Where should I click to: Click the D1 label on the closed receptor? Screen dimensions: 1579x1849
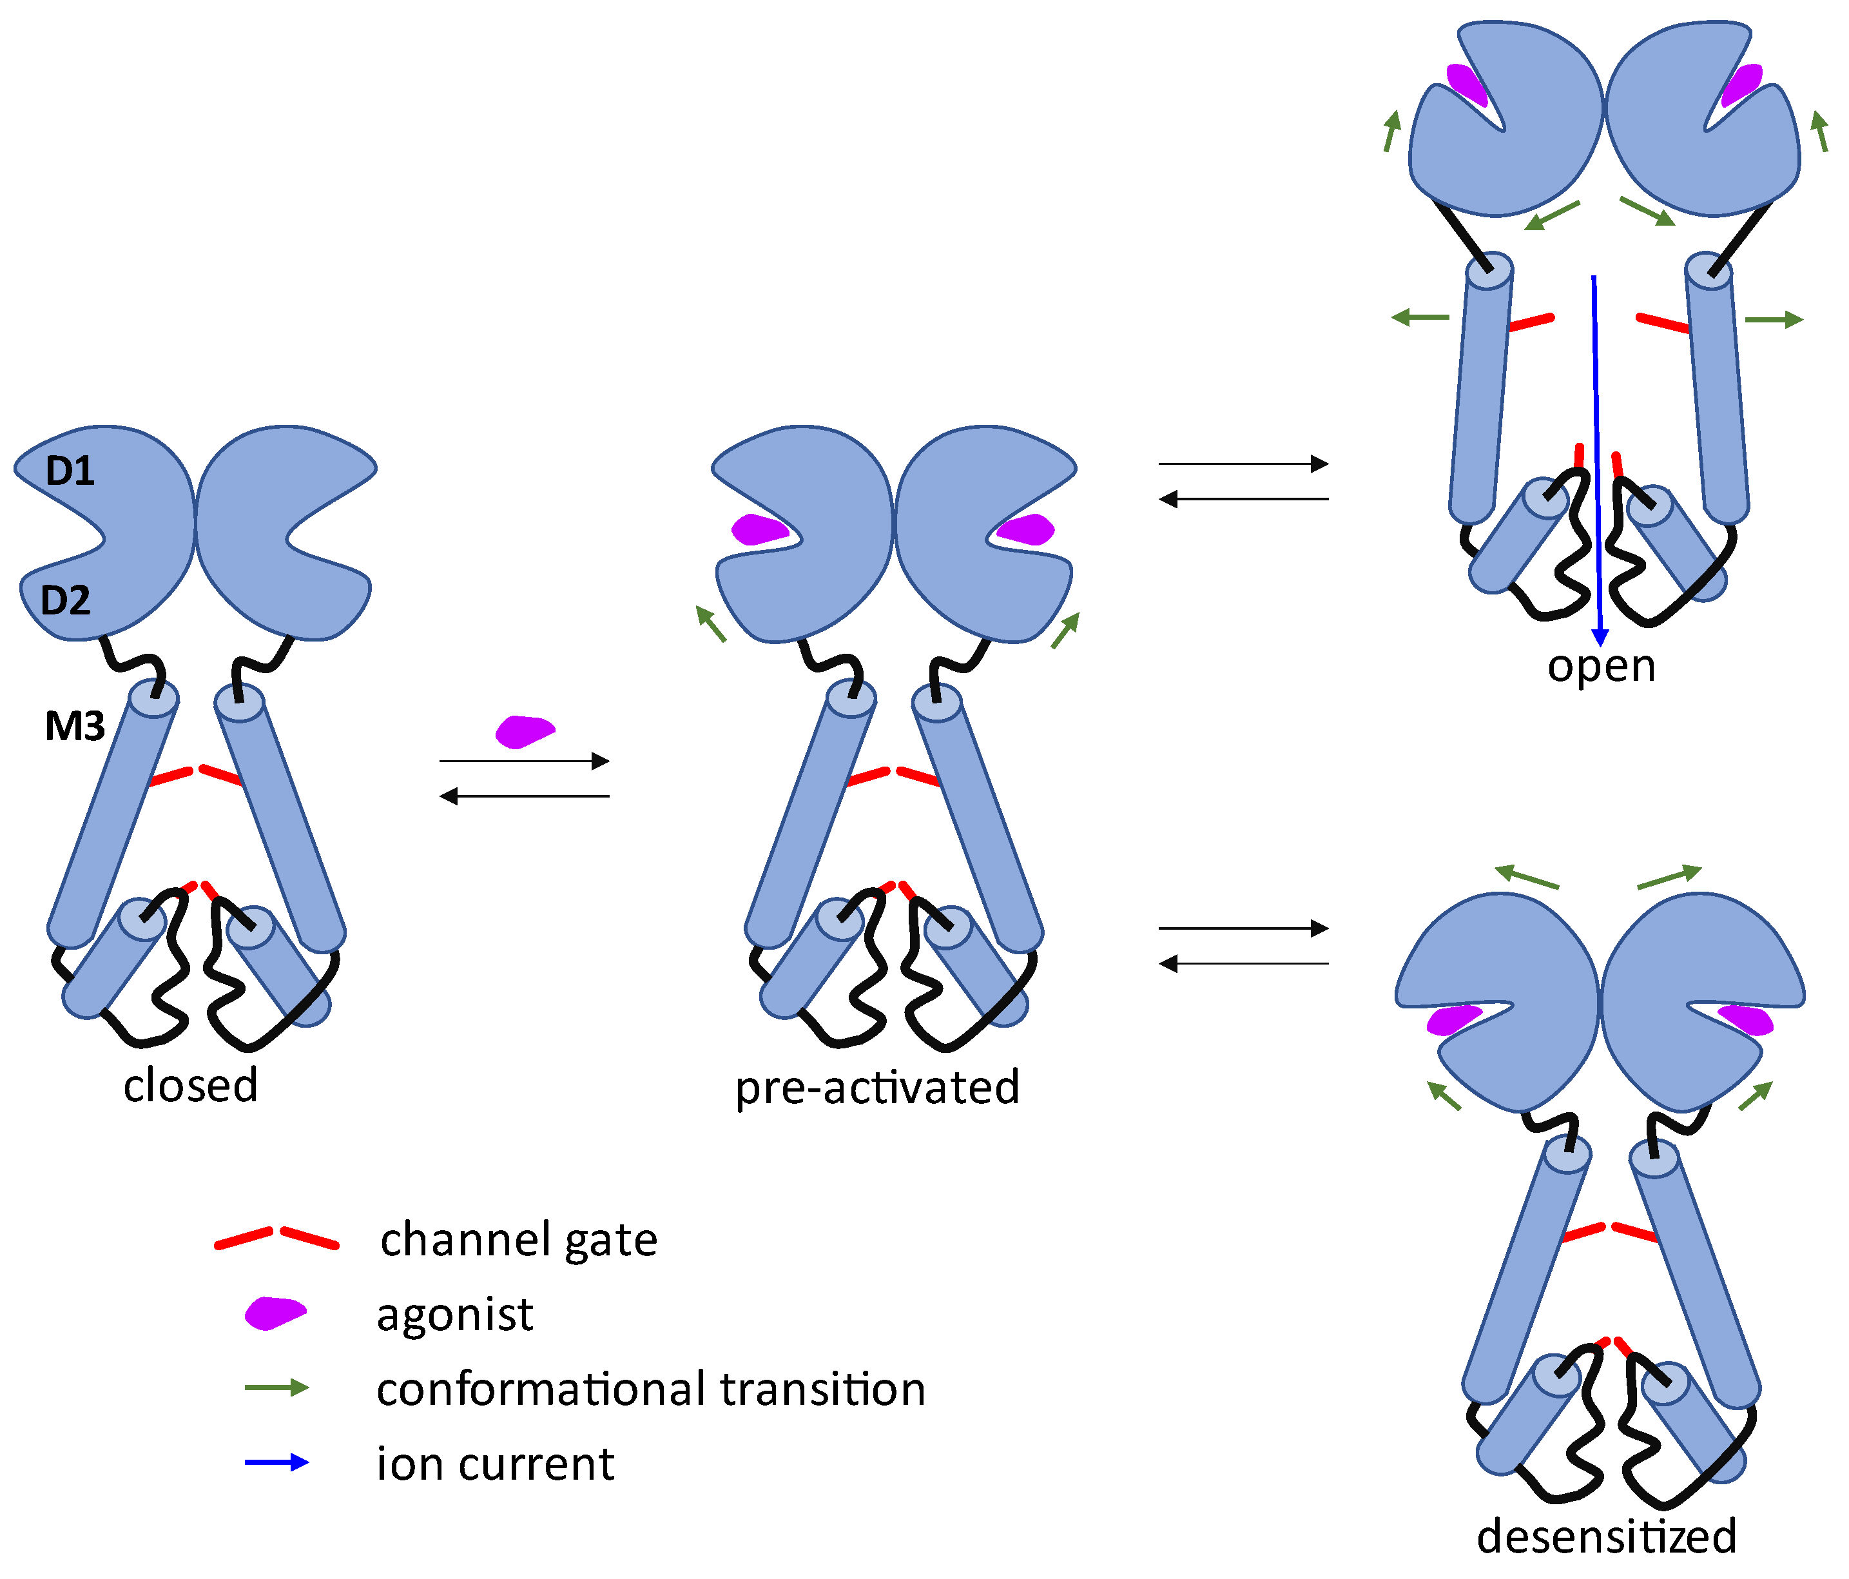(x=70, y=471)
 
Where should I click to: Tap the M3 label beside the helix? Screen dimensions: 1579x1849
(x=75, y=727)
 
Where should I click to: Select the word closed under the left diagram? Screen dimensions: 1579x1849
(x=190, y=1086)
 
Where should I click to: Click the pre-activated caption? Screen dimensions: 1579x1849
(x=877, y=1088)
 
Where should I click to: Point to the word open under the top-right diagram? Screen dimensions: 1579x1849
(x=1601, y=667)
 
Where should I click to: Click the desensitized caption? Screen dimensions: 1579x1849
(x=1606, y=1537)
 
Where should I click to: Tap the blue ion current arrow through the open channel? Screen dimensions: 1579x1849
(x=1596, y=464)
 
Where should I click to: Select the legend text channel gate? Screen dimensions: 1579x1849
(x=518, y=1240)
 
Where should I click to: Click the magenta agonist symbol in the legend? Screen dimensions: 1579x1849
(x=276, y=1313)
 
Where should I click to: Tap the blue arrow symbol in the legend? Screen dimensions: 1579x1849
(x=276, y=1463)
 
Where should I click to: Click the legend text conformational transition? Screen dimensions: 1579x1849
(x=650, y=1389)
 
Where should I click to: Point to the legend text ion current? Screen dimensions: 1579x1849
(x=495, y=1464)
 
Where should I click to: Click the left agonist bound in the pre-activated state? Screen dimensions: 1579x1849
(x=759, y=530)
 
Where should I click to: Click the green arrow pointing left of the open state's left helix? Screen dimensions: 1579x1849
(x=1420, y=317)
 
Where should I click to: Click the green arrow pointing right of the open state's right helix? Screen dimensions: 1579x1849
(x=1773, y=320)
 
